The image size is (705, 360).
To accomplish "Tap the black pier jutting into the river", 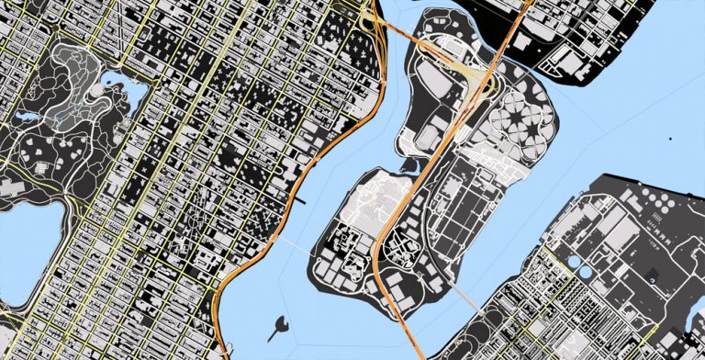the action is pos(302,198).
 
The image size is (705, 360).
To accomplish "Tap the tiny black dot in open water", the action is pos(671,138).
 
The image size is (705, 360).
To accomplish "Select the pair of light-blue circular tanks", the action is pos(578,265).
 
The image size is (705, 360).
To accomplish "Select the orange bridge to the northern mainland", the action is pos(514,28).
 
